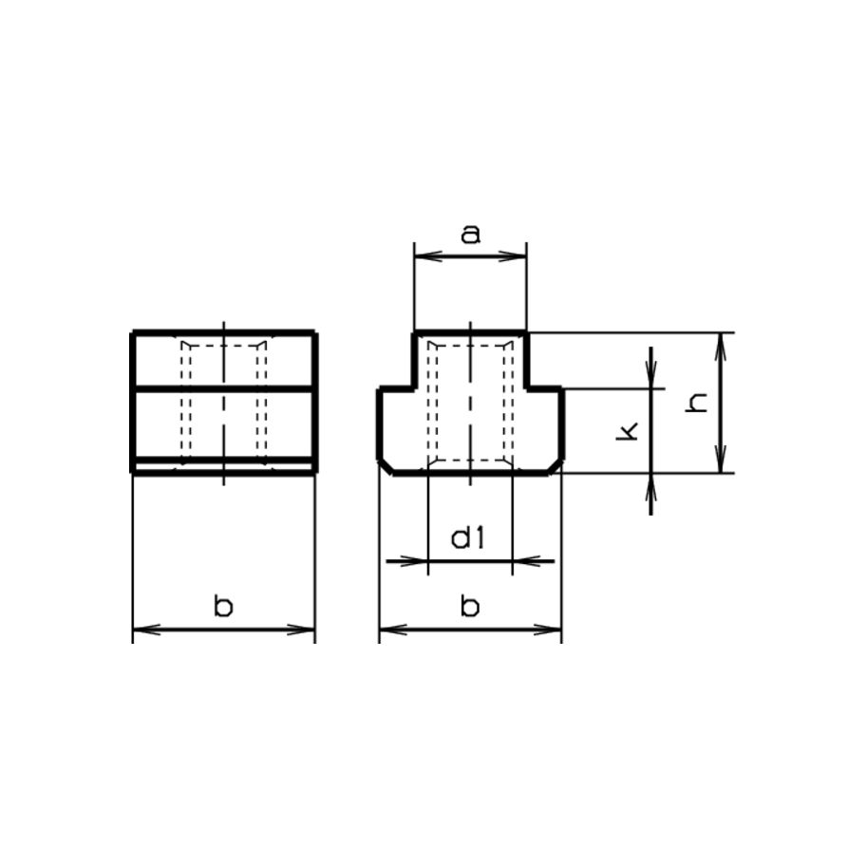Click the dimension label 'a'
click(470, 235)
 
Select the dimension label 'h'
click(699, 403)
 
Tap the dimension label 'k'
click(627, 432)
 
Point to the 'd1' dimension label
click(468, 539)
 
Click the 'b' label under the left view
click(223, 606)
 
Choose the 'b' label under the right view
click(470, 606)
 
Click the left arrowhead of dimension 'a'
click(423, 255)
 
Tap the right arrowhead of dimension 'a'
click(518, 255)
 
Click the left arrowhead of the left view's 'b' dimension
click(141, 630)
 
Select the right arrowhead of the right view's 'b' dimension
click(553, 630)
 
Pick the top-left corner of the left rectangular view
click(133, 333)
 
